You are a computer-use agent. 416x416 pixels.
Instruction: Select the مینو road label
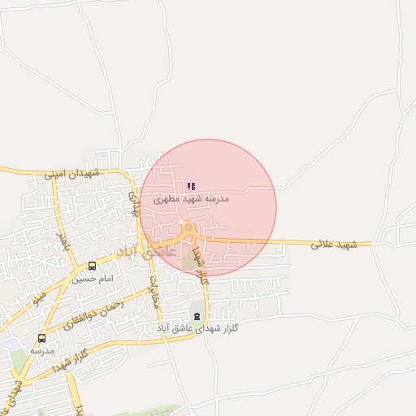point(40,299)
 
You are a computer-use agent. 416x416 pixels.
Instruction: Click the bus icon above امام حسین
point(92,266)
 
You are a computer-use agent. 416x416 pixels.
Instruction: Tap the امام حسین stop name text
point(89,278)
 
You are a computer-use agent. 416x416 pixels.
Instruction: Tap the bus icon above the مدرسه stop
point(41,338)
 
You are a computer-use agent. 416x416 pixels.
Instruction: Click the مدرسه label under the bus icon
point(41,350)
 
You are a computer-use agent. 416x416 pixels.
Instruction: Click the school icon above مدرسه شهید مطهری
point(191,187)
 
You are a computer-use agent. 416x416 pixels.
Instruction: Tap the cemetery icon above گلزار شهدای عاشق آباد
point(197,316)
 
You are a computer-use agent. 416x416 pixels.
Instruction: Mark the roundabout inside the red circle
point(189,232)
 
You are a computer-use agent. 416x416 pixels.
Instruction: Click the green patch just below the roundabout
point(188,260)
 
